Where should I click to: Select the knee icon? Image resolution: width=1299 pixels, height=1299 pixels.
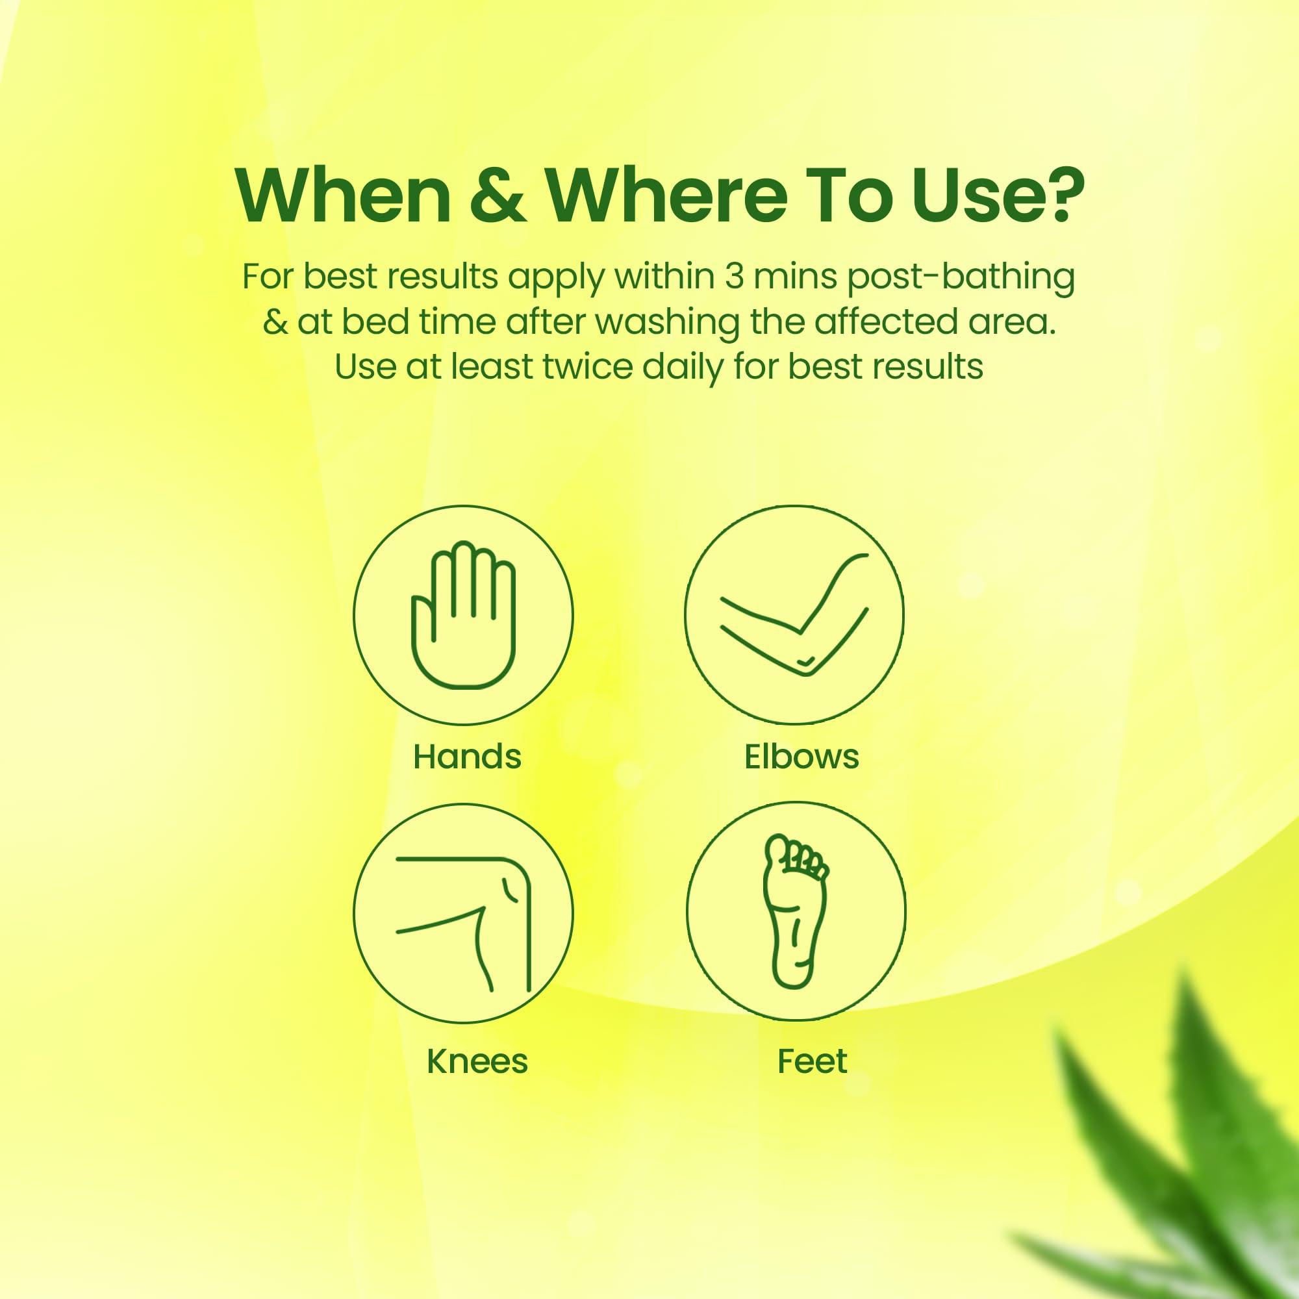click(463, 913)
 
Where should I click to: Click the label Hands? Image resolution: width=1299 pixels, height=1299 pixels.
click(467, 757)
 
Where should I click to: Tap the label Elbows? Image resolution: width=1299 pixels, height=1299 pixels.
click(801, 757)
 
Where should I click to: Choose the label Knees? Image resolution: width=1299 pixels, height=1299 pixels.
click(477, 1062)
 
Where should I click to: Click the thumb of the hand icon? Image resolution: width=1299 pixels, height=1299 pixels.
click(420, 619)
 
